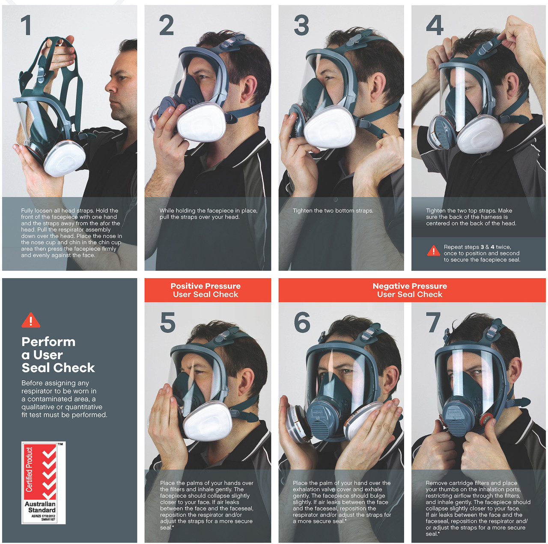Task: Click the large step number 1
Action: click(x=26, y=25)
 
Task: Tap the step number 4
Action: click(x=435, y=25)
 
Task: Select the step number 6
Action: click(x=302, y=323)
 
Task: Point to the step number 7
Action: click(x=433, y=323)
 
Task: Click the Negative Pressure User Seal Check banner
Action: click(x=410, y=290)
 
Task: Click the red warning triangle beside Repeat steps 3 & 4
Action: click(x=433, y=251)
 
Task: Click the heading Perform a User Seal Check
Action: click(x=58, y=355)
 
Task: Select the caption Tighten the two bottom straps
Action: click(x=333, y=210)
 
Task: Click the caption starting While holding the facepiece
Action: click(x=208, y=214)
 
